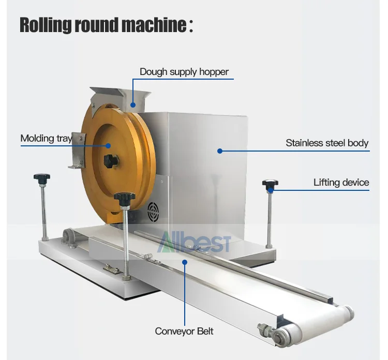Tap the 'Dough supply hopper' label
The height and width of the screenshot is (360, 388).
point(184,72)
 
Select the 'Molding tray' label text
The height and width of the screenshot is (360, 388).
point(46,138)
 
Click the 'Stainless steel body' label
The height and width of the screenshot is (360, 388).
point(327,143)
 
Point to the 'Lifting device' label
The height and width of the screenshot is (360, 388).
point(341,182)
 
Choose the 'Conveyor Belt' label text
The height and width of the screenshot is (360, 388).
point(184,331)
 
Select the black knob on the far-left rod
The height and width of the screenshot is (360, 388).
point(42,178)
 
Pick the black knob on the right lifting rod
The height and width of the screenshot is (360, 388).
point(270,184)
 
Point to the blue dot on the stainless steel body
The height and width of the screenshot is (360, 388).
point(219,151)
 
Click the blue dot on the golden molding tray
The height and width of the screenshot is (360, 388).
point(109,145)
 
